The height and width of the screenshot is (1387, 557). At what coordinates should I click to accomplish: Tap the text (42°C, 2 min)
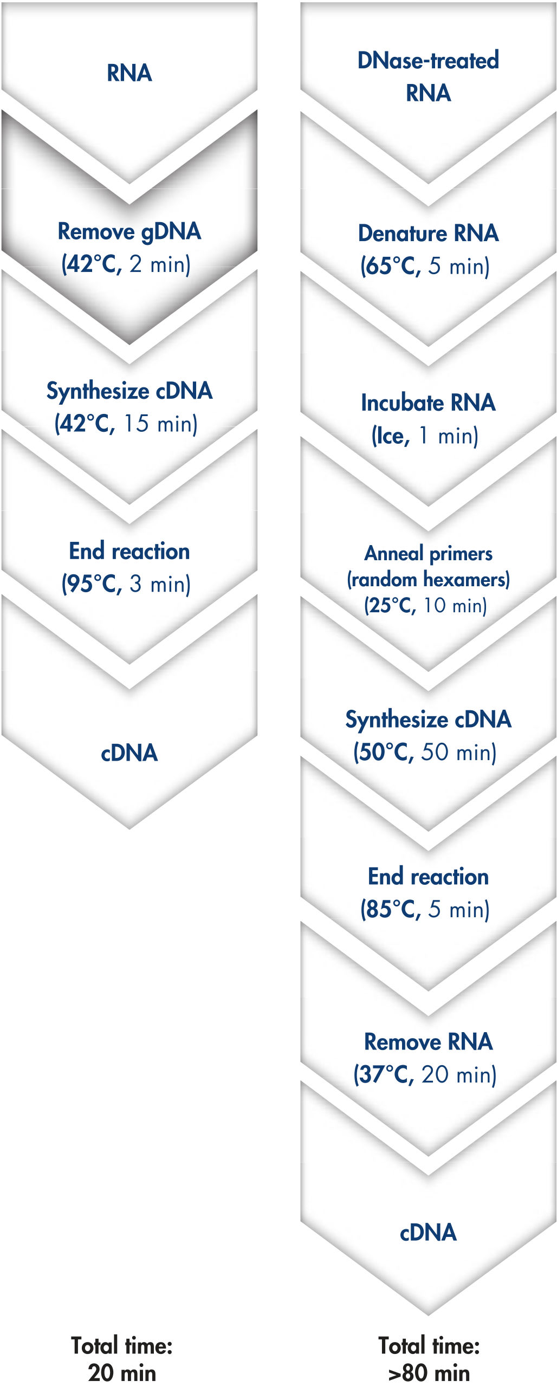(126, 264)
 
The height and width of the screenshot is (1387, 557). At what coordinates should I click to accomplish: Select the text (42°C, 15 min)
(126, 424)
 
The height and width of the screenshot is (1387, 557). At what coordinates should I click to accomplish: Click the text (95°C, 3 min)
(126, 584)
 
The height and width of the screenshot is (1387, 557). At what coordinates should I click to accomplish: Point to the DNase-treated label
(428, 60)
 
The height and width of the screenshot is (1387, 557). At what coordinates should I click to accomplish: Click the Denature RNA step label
(428, 233)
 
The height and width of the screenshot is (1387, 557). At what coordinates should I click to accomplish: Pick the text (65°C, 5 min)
(425, 266)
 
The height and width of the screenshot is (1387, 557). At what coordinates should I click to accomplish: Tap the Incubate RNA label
(428, 403)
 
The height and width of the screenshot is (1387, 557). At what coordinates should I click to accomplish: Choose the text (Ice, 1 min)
(425, 436)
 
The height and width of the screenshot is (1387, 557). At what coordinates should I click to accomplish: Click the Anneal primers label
(428, 554)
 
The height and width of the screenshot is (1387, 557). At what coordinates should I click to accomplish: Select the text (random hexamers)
(428, 579)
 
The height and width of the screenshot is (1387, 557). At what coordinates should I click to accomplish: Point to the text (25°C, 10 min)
(425, 605)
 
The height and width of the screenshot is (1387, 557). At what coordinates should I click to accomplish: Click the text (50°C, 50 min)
(425, 752)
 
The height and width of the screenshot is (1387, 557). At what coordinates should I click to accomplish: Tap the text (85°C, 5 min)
(425, 909)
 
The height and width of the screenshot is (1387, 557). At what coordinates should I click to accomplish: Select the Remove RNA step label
(428, 1041)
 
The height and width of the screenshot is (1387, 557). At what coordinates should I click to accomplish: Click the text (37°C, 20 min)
(425, 1074)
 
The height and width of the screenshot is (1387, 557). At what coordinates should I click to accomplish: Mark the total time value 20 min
(122, 1373)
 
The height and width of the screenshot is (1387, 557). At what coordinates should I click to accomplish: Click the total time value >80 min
(429, 1373)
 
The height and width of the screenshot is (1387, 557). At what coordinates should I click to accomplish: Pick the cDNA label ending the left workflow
(129, 753)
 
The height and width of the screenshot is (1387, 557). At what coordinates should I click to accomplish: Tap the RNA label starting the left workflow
(129, 73)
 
